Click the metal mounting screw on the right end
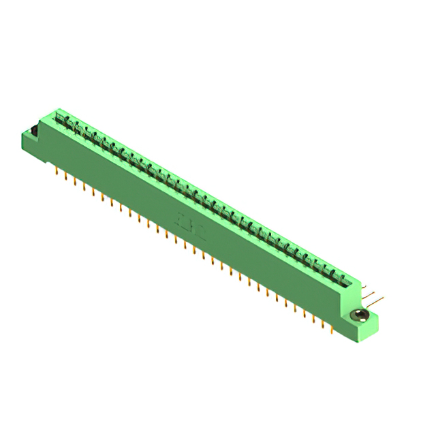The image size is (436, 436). (x=360, y=315)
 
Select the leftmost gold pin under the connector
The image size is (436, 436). (x=56, y=170)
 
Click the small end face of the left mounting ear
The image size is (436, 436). (x=26, y=139)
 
